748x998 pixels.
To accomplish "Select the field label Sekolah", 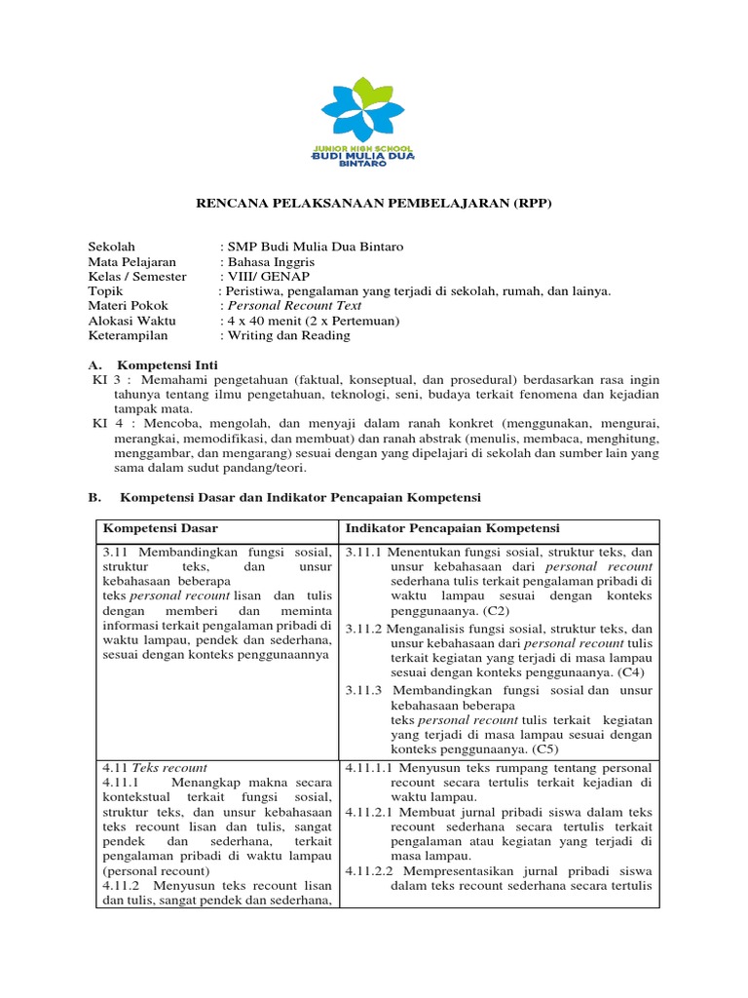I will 112,248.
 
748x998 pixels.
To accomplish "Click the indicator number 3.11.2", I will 366,629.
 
